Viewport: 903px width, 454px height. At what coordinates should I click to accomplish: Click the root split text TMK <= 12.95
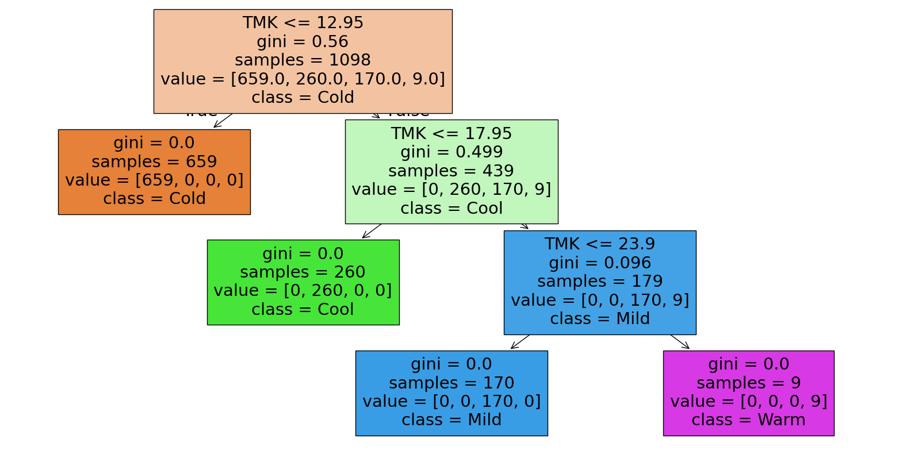coord(303,23)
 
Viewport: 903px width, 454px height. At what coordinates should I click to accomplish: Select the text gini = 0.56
coord(303,42)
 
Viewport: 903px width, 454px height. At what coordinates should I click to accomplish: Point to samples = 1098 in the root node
coord(303,60)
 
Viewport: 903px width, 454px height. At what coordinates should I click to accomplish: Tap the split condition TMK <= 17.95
coord(451,133)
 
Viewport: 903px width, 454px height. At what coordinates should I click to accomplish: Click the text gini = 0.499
coord(451,152)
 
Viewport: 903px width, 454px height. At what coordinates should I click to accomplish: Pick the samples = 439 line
coord(451,171)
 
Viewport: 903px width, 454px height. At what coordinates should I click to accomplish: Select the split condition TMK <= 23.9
coord(600,244)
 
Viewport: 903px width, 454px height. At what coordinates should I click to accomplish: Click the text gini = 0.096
coord(600,263)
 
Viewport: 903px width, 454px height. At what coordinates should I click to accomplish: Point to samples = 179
coord(600,282)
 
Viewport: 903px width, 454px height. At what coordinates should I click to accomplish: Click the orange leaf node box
coord(154,172)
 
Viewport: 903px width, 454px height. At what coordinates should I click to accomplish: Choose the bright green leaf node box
coord(303,282)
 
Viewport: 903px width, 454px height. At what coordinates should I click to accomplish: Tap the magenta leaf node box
coord(748,393)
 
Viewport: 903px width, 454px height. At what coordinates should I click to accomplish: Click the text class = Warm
coord(748,420)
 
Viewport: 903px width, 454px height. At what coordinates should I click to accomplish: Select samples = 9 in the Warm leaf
coord(748,383)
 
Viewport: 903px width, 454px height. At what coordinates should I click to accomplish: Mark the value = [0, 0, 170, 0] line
coord(451,402)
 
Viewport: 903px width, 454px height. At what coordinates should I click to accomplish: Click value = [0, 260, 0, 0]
coord(303,291)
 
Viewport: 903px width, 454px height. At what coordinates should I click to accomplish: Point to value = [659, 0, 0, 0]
coord(154,180)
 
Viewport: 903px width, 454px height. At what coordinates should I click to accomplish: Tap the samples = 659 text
coord(154,161)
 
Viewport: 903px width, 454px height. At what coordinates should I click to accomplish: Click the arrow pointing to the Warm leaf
coord(680,342)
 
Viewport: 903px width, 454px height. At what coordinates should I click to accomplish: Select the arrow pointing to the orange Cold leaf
coord(223,121)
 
